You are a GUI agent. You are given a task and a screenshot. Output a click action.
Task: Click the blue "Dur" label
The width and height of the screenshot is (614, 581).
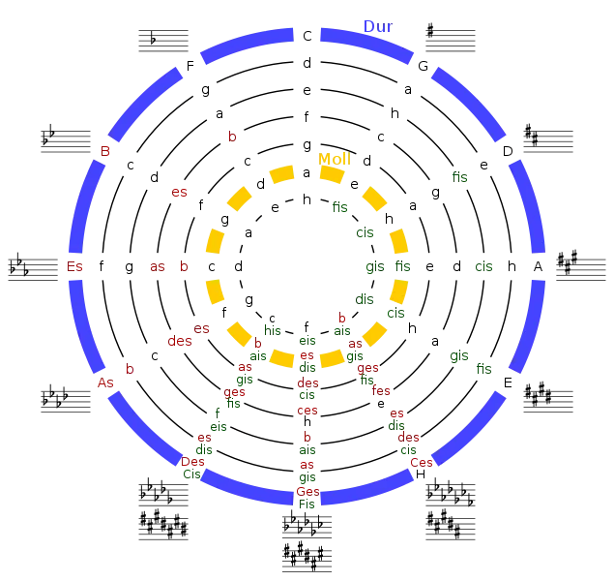378,27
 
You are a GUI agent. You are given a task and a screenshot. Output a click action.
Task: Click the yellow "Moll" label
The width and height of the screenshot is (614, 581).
335,158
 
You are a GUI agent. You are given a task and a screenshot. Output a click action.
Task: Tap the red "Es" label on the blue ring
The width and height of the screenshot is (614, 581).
74,266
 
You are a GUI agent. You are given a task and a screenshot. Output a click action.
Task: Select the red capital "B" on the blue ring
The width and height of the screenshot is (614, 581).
105,152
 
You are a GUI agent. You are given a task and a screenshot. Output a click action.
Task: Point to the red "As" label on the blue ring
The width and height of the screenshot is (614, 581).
105,383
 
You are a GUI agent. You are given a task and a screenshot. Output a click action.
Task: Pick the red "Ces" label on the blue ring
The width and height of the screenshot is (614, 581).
422,463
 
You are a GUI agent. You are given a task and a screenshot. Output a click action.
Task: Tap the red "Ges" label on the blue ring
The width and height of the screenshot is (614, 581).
307,492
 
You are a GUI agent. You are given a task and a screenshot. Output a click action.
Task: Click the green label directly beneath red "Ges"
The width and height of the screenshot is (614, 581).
307,504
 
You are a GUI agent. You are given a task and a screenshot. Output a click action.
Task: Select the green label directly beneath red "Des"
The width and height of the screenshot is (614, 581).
190,474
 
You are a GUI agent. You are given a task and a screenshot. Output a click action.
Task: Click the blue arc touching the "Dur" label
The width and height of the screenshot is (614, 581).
368,45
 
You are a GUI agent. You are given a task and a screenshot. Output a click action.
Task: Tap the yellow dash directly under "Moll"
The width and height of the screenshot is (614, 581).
332,175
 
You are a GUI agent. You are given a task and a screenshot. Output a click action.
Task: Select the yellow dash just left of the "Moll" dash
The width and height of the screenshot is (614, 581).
281,174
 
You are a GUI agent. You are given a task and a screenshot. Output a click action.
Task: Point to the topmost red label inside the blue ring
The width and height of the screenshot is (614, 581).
231,138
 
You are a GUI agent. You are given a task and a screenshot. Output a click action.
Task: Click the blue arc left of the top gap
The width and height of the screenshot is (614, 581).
247,45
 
